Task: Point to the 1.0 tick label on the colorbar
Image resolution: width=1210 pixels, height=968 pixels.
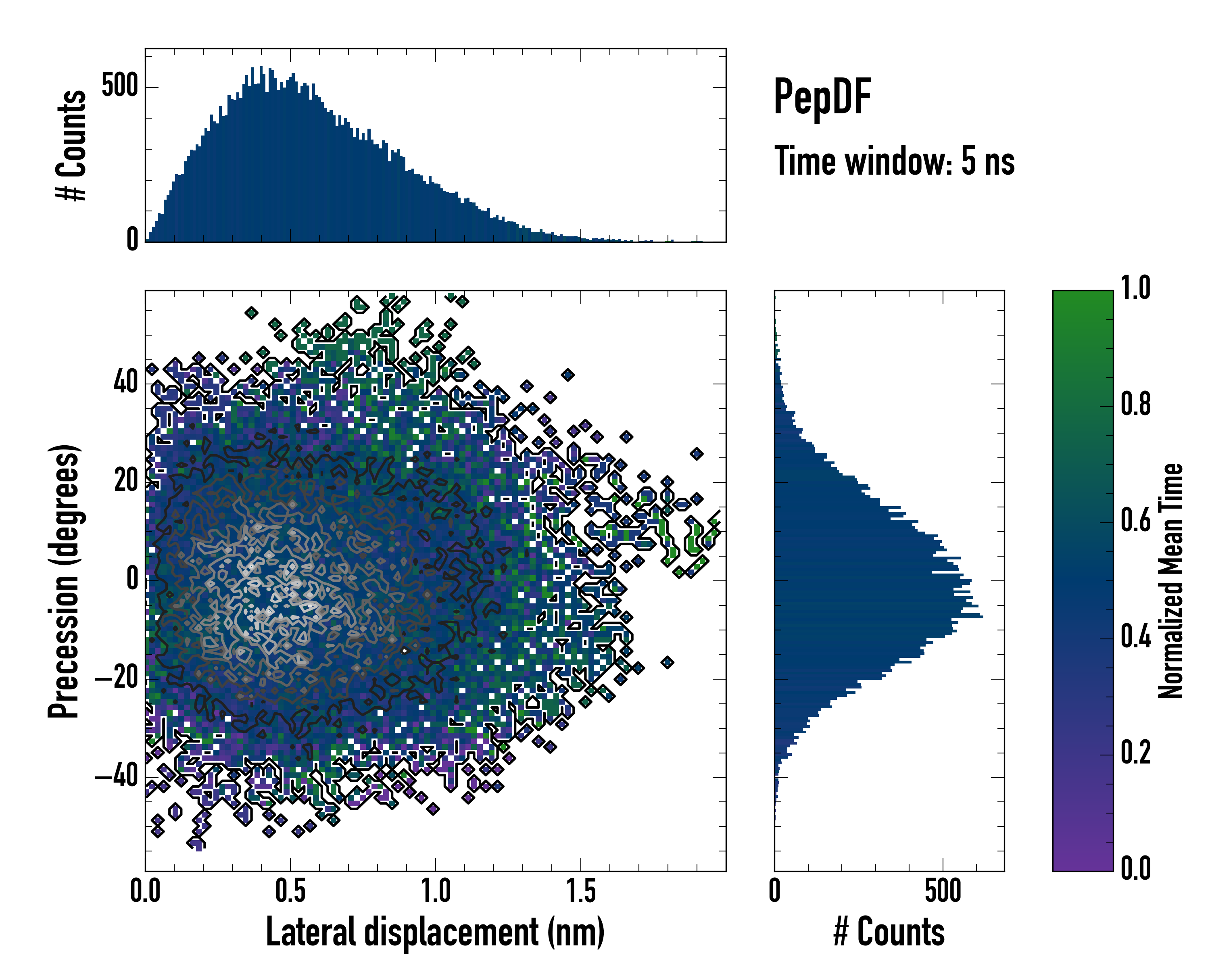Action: point(1135,288)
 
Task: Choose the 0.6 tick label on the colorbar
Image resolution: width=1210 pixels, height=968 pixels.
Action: point(1135,520)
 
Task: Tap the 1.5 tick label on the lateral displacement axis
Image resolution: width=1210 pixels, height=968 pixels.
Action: point(581,891)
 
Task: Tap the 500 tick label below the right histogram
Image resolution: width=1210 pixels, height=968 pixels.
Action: point(943,891)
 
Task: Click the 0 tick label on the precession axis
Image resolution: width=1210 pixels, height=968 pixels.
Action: point(132,579)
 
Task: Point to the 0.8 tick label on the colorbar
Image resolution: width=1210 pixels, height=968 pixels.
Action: point(1135,404)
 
